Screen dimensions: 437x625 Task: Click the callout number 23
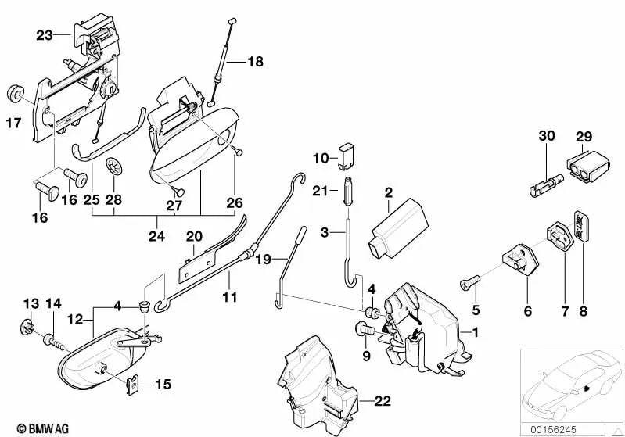(x=43, y=34)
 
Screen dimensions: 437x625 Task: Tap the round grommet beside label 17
(x=15, y=94)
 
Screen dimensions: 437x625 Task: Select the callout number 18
(x=257, y=61)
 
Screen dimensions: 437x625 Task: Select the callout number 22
(x=382, y=402)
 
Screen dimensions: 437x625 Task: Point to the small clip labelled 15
(x=135, y=384)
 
